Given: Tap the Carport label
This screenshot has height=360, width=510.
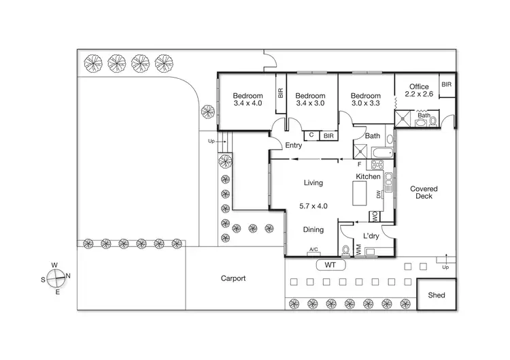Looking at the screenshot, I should coord(233,278).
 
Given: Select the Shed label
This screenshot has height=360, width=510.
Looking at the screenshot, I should coord(436,295).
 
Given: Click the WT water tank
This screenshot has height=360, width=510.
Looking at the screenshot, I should coord(330,265).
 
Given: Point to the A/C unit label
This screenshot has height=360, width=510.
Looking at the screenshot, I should coord(314,250).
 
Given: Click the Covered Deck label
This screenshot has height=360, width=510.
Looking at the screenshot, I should coord(423,193).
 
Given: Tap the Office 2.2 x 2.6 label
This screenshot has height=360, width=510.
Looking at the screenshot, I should coord(419,91).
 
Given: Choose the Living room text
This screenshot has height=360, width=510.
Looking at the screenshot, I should coord(313,183).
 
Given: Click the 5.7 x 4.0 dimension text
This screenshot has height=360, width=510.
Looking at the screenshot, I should coord(313,206).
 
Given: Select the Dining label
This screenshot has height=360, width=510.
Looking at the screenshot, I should coord(313,230).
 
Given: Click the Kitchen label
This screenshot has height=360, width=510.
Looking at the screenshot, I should coord(368,177).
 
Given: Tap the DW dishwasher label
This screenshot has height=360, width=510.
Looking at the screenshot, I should coord(379,195).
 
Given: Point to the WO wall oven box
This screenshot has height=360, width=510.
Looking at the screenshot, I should coord(374,217).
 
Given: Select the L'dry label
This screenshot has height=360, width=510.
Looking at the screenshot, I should coord(371,235).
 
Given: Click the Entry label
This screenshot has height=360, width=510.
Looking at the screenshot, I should coord(293,145).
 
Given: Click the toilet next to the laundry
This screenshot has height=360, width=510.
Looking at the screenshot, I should coord(346,250).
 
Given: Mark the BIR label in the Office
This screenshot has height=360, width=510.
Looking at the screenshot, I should coord(446,84).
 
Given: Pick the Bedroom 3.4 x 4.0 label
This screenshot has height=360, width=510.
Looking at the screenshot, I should coord(247,100).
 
